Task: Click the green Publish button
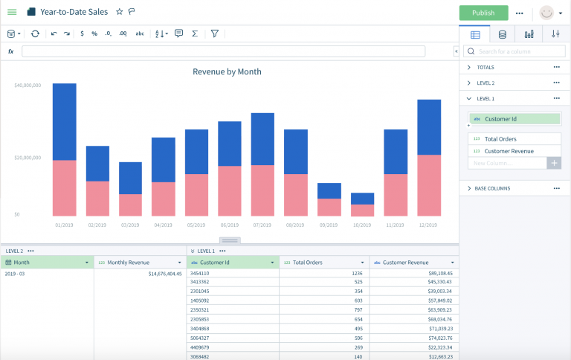pos(483,13)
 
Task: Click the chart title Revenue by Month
pos(227,72)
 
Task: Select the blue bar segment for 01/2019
pos(65,121)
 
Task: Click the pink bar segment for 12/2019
pos(429,185)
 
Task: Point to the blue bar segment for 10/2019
pos(362,199)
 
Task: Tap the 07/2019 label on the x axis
pos(262,224)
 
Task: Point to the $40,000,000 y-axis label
pos(27,86)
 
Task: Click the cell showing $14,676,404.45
pos(155,274)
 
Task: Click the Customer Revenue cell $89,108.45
pos(435,274)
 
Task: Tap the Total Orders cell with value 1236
pos(356,274)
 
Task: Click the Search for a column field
pos(517,51)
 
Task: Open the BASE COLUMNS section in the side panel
pos(494,188)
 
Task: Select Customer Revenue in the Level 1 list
pos(509,151)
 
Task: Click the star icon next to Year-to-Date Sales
pos(119,13)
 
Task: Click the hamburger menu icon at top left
pos(12,13)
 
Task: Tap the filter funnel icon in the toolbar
pos(214,33)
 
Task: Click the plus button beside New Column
pos(554,163)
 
